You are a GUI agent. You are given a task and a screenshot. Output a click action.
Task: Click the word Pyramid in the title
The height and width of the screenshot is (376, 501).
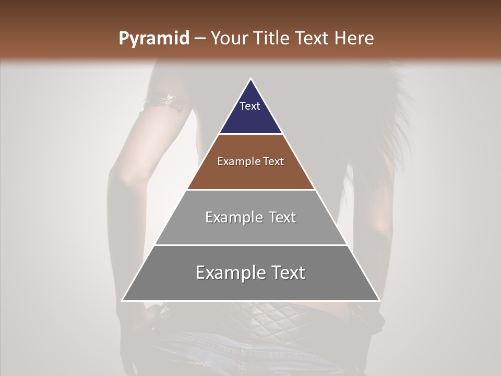(154, 39)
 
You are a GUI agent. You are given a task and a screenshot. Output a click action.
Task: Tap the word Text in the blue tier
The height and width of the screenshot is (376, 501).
(250, 106)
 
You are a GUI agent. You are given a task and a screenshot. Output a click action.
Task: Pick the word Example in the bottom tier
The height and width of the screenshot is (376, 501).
(228, 273)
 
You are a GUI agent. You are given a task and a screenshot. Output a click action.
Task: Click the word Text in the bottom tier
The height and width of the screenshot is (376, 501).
(289, 273)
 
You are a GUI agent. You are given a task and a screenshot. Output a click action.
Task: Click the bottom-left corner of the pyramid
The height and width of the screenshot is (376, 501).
(123, 300)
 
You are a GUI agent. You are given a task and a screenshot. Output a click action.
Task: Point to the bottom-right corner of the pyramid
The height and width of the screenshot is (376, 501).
(379, 300)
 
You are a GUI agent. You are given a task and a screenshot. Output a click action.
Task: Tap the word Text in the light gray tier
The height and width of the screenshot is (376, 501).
(282, 217)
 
